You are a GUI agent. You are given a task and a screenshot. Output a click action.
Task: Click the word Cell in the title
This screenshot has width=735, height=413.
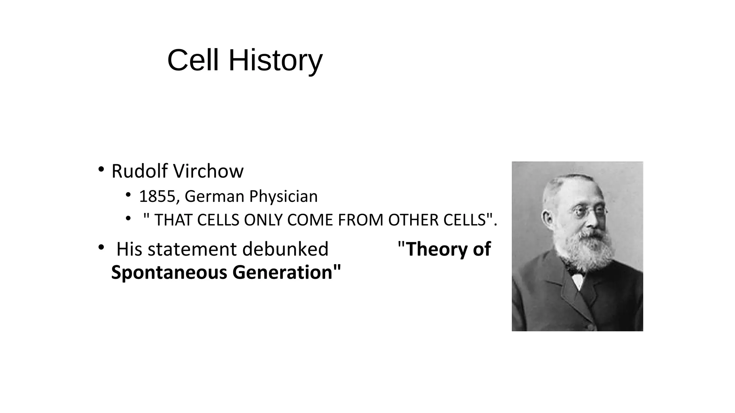click(193, 60)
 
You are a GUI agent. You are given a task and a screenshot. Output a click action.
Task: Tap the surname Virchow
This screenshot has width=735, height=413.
click(213, 171)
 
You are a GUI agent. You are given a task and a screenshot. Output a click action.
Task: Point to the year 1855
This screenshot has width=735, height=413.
click(156, 196)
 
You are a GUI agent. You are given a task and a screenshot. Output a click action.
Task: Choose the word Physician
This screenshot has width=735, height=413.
click(283, 196)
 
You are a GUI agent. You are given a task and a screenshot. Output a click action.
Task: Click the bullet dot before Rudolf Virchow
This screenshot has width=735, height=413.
click(101, 169)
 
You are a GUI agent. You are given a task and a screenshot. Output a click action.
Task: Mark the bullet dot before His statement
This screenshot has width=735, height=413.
click(101, 247)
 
